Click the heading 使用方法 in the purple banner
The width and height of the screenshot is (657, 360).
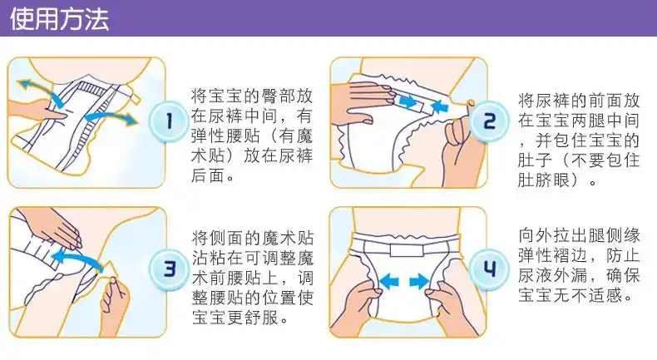pos(60,19)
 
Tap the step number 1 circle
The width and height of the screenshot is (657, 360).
pos(169,121)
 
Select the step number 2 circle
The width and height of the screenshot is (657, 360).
pos(489,121)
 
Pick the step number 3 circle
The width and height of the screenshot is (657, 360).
pos(169,269)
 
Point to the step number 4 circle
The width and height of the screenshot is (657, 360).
pos(489,269)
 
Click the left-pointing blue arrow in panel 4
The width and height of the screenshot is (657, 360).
pos(388,281)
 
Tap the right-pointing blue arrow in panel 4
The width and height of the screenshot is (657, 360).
pos(419,281)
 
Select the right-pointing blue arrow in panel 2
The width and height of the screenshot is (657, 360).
pos(408,101)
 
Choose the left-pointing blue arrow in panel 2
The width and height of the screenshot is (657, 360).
pos(439,106)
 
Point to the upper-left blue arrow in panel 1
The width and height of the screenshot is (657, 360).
pos(40,91)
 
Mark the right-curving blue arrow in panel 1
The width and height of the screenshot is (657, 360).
pos(111,117)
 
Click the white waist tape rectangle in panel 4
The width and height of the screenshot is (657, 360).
pos(407,250)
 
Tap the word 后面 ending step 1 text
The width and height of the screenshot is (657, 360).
pos(208,175)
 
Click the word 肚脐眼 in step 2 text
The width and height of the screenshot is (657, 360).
pos(544,180)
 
